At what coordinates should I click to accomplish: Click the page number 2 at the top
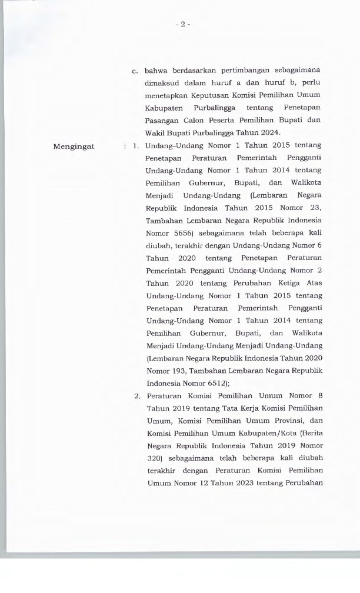pos(182,24)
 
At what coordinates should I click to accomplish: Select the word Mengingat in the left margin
pos(74,146)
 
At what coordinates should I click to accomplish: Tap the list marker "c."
pos(135,71)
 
